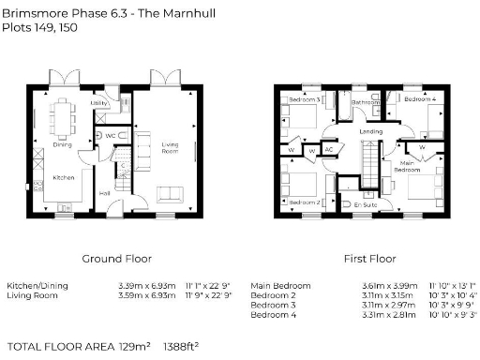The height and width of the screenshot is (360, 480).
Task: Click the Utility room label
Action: point(97,104)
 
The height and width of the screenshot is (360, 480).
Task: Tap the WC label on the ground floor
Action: point(109,136)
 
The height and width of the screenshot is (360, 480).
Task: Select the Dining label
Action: point(62,144)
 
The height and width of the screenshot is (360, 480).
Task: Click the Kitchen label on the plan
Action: point(63,177)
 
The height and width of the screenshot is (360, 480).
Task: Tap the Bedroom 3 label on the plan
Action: point(304,99)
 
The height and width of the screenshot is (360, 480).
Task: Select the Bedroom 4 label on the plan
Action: point(420,98)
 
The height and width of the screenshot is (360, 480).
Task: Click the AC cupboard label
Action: point(328,148)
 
